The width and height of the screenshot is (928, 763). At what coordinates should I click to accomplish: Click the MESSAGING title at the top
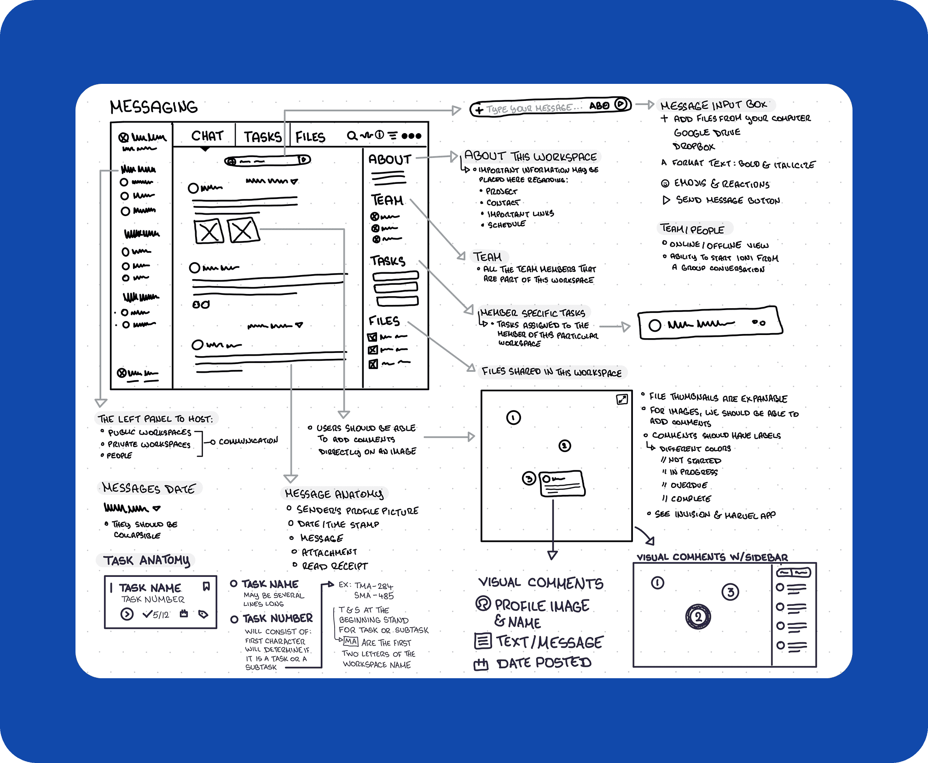[154, 107]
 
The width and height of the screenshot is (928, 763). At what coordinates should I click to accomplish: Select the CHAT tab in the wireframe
[207, 136]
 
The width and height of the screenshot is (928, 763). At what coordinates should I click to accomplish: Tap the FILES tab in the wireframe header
[310, 137]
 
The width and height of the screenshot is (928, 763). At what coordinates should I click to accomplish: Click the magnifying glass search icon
[352, 135]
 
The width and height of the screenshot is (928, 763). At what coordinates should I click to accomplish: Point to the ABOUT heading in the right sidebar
[389, 159]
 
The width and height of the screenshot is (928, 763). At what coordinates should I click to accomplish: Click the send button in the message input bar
[621, 104]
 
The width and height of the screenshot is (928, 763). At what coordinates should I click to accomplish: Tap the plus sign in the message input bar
[479, 110]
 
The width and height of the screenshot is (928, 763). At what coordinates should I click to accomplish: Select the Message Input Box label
[713, 105]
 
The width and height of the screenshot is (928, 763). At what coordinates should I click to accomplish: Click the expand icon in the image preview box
[622, 399]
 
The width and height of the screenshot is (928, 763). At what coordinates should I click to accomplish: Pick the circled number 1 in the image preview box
[513, 417]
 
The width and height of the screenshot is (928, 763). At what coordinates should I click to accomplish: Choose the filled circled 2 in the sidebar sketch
[698, 617]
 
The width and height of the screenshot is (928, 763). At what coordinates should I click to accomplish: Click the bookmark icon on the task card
[206, 586]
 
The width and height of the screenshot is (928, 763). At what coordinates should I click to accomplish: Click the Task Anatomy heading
[146, 560]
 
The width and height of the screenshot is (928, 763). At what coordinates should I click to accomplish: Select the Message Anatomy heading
[334, 494]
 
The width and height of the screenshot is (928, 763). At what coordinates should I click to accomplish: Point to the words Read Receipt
[335, 566]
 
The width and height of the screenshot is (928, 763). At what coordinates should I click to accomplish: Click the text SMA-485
[374, 595]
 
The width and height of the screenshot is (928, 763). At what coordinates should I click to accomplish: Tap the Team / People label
[692, 229]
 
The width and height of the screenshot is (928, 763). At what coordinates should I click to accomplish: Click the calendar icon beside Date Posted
[481, 664]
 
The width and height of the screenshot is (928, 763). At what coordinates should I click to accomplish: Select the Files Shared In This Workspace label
[551, 372]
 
